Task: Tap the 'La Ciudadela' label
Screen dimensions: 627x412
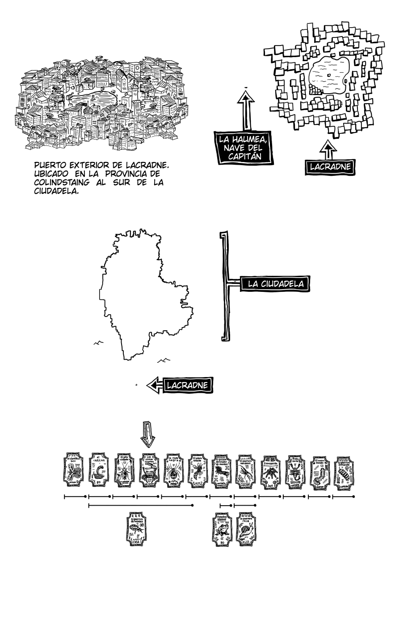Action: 276,283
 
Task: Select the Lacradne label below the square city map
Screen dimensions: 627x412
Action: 330,167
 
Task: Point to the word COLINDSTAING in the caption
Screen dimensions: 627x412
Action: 62,183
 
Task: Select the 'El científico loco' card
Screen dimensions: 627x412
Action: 74,471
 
